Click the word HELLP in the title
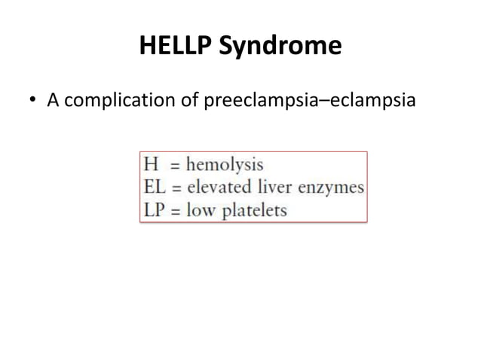(176, 47)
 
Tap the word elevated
(219, 187)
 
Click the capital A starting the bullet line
(54, 99)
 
